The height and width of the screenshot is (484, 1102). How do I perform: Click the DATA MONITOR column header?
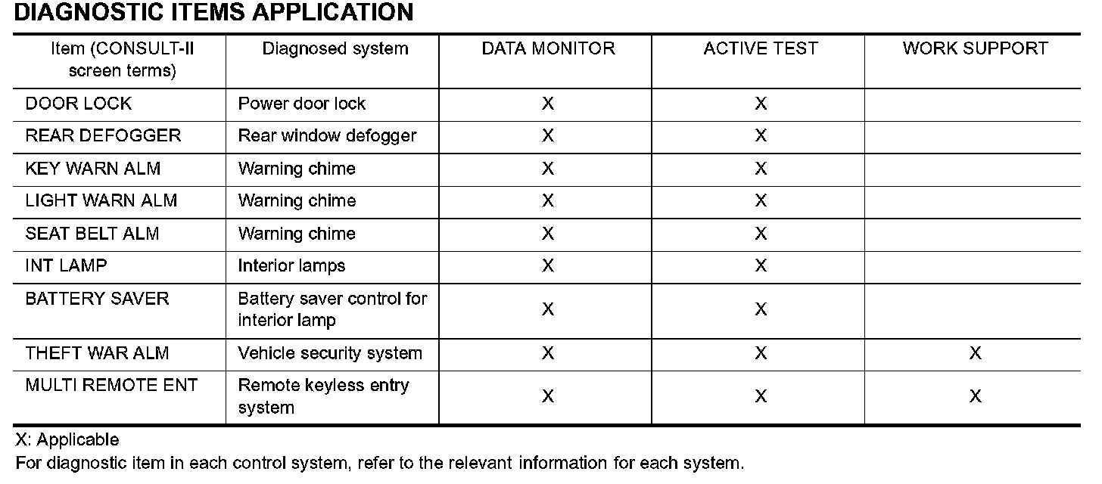[548, 49]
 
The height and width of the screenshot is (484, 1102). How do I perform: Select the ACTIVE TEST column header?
[761, 49]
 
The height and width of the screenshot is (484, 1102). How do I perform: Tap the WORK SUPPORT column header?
[975, 49]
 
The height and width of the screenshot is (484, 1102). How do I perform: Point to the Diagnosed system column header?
[335, 49]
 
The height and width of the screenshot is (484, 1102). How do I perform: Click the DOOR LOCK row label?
[79, 104]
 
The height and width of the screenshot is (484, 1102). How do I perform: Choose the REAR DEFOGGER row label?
[104, 136]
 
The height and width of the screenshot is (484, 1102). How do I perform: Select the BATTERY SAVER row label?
[98, 299]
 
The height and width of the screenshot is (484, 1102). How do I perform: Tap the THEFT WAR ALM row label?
[98, 353]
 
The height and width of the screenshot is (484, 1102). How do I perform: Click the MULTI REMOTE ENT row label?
[111, 385]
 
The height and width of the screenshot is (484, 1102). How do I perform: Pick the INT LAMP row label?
[67, 265]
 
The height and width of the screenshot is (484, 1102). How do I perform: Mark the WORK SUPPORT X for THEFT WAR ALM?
[975, 353]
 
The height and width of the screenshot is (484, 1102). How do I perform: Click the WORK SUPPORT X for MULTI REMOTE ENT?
[975, 396]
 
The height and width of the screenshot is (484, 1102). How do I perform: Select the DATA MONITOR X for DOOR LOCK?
[548, 104]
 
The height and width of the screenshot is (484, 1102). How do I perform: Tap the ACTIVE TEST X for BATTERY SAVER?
[761, 310]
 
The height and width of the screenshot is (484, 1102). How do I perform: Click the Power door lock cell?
[302, 104]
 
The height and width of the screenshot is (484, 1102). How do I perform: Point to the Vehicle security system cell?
[330, 353]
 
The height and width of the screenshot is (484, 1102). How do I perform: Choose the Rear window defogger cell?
[327, 136]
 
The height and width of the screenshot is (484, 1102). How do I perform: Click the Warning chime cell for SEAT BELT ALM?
[297, 234]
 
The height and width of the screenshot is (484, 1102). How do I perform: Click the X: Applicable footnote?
[67, 440]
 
